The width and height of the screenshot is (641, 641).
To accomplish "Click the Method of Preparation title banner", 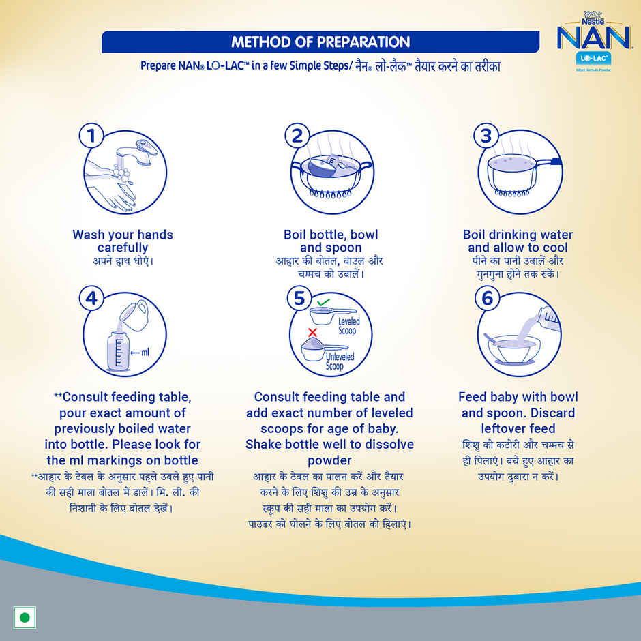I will coord(320,42).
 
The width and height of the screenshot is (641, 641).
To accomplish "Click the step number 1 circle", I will coord(92,136).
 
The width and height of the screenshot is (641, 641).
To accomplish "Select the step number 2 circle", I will coord(297,136).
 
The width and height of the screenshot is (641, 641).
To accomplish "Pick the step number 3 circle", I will coord(486,136).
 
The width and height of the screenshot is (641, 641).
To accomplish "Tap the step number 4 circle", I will coord(92,298).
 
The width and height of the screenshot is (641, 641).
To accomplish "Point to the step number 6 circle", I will coord(486,298).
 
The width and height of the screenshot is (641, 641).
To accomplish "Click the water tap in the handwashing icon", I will coord(140,152).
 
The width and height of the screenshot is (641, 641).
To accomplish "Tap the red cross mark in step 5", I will coord(313,332).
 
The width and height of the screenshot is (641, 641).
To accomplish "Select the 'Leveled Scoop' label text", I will coord(348,326).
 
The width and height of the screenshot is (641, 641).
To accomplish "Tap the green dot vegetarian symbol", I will coord(25,618).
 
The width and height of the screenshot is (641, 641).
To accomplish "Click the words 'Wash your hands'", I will coord(123,235).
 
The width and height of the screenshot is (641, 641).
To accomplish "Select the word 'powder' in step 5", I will coord(329,460).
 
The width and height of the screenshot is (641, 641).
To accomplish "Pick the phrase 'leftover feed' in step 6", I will coord(518,428).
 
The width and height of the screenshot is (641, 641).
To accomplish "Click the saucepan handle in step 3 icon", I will coord(553,163).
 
